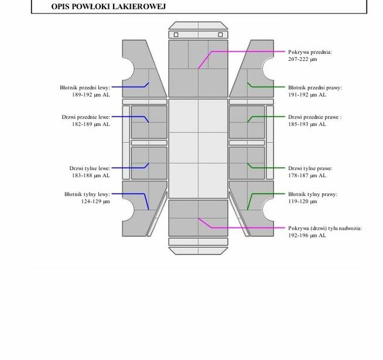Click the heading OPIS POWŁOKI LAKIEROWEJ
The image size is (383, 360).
pos(108,6)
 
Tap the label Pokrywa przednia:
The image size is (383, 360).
pos(310,52)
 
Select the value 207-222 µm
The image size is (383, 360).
pos(302,59)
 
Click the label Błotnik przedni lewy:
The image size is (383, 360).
pos(85,87)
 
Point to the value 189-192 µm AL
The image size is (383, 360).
pos(91,94)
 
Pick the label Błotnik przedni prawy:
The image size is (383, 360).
pos(315,87)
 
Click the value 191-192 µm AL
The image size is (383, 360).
pos(307,94)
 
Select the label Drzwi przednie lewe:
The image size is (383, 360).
pos(86,117)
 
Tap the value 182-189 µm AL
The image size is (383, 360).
pos(91,124)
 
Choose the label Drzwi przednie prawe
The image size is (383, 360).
pos(314,117)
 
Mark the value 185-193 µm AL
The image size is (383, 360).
pos(307,124)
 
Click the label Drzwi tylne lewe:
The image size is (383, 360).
pos(90,168)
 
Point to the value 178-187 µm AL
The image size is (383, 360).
pos(307,175)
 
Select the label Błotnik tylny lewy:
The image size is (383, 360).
pos(87,194)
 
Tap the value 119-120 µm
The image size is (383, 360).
pos(302,201)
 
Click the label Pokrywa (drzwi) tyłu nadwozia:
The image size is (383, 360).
pos(325,228)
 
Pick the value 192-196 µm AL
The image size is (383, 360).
pos(307,235)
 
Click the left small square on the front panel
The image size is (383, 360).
pos(176,35)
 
